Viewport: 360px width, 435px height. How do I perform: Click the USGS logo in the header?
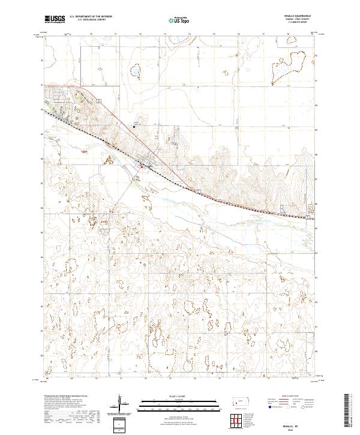coord(55,20)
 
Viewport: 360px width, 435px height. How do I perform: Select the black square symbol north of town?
coord(134,126)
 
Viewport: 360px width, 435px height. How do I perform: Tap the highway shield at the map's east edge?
coord(308,218)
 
